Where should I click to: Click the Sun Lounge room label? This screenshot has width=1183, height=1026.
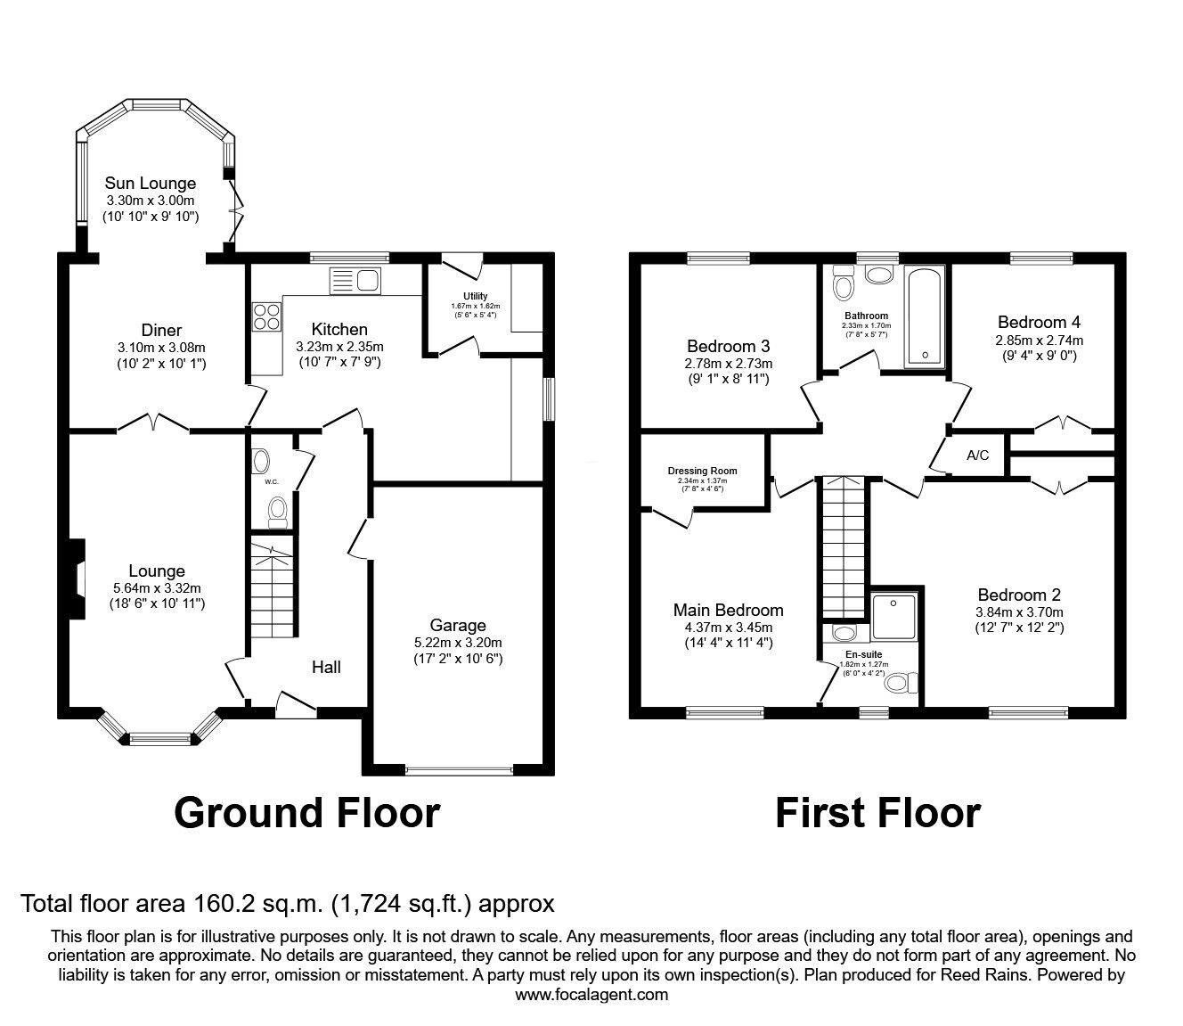(150, 184)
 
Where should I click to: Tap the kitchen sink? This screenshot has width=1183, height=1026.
(355, 281)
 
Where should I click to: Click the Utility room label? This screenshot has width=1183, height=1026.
(475, 296)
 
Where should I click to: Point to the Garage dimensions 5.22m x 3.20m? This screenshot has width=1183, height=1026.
(458, 643)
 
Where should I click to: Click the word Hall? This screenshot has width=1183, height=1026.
(326, 667)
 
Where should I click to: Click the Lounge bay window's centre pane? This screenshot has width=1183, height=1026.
(160, 738)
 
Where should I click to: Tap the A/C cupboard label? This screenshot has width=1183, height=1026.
(977, 456)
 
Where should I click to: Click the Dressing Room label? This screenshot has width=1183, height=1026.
(702, 471)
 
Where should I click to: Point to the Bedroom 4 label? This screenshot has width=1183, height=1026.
(1039, 323)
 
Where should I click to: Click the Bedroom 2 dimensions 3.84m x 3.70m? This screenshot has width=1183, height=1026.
(1019, 612)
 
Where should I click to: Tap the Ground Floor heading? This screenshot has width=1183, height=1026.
(306, 812)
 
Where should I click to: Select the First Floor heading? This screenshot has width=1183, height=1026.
(877, 812)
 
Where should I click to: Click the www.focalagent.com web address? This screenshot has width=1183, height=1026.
(591, 995)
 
